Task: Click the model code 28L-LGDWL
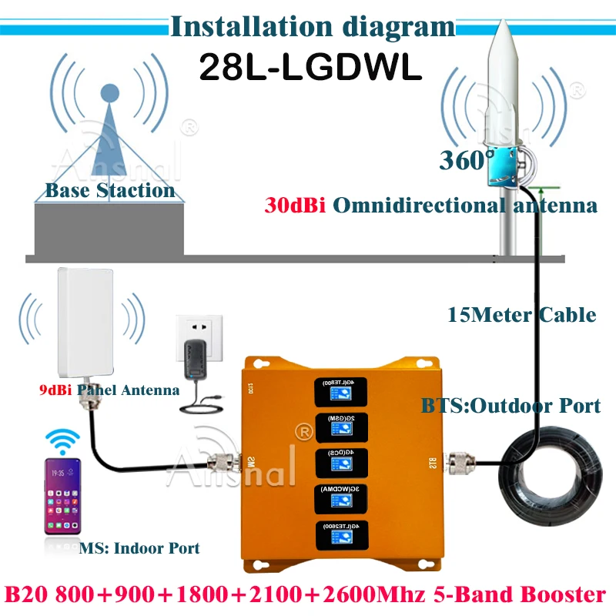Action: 310,67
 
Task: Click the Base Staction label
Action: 109,190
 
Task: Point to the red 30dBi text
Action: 286,206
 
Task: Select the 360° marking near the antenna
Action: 467,160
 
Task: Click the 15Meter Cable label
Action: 521,314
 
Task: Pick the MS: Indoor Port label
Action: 139,548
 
